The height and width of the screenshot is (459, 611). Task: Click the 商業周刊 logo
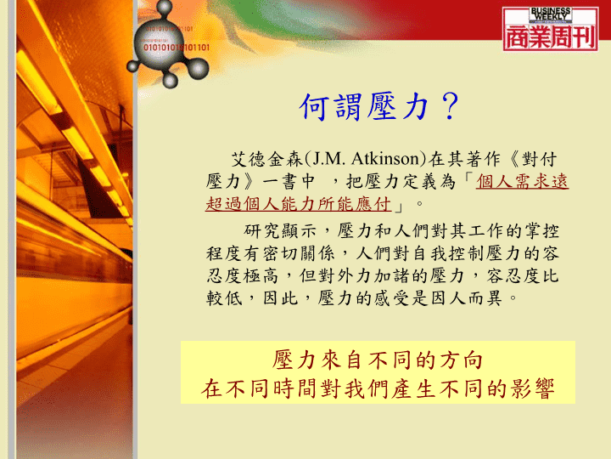(551, 29)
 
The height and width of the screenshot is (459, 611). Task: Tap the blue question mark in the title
(451, 106)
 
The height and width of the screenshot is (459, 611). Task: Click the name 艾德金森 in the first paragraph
(267, 159)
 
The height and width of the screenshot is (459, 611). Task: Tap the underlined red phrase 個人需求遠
(522, 182)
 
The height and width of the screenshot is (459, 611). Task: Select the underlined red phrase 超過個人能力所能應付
(299, 204)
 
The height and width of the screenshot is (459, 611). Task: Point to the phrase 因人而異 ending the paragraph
(466, 298)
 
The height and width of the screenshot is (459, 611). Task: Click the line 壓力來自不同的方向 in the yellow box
(378, 360)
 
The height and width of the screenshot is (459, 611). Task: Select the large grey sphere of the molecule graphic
(159, 45)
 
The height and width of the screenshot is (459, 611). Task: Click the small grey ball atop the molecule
(164, 7)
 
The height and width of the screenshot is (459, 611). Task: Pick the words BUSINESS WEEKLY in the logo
(551, 14)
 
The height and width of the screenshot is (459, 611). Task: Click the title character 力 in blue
(415, 107)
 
